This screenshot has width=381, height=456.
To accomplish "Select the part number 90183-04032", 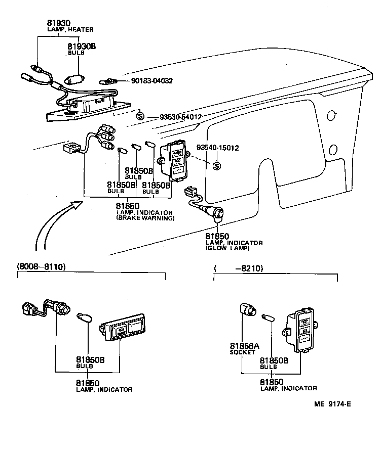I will (x=152, y=81).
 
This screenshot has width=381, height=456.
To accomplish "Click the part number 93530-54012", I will (x=180, y=117).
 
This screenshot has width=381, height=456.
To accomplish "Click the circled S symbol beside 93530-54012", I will (x=140, y=117).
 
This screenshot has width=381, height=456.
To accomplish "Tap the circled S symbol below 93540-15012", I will (x=217, y=166).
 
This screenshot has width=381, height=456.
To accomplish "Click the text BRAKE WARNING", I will (x=145, y=218).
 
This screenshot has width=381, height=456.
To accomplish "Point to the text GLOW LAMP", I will (x=227, y=249).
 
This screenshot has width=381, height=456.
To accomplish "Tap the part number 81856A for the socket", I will (x=245, y=346).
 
